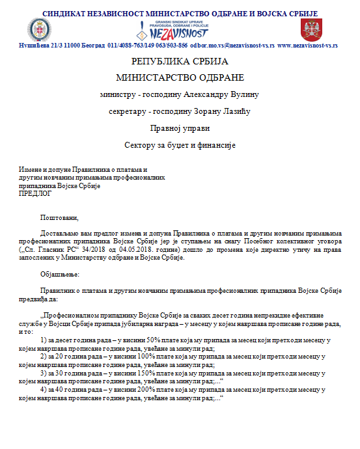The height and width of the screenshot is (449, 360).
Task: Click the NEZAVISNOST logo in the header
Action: pos(180,30)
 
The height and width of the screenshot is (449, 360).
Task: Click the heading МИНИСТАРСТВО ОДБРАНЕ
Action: pos(180,77)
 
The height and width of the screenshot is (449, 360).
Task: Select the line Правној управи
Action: pos(180,128)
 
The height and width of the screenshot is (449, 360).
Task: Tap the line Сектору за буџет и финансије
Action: pos(180,144)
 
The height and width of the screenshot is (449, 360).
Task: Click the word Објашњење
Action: pos(61,274)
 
